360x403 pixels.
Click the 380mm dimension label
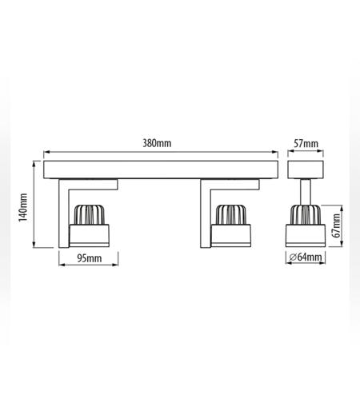click(157, 143)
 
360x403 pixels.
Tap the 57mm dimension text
click(306, 144)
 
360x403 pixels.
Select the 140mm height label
click(23, 207)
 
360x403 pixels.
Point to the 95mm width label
click(90, 258)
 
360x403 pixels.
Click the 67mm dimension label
click(337, 225)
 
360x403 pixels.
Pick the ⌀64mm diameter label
click(306, 257)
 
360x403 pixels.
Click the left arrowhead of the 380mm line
click(46, 152)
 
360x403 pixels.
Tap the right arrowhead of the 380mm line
click(275, 152)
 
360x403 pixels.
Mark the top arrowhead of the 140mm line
click(34, 164)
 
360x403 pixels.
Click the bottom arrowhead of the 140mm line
click(34, 245)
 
